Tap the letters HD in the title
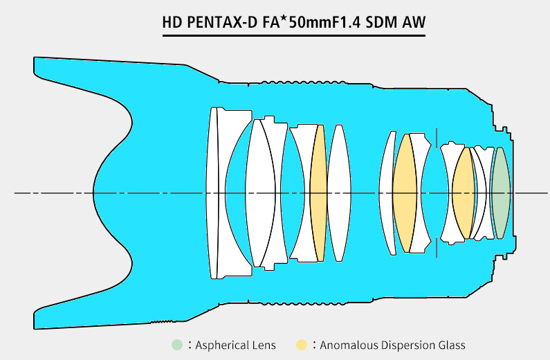(x=171, y=23)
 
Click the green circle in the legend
(x=178, y=345)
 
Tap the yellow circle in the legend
(x=302, y=345)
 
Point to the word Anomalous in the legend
(x=349, y=345)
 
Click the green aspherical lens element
(x=500, y=192)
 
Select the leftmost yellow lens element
(x=318, y=192)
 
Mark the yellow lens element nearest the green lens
(x=463, y=192)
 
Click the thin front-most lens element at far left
(x=212, y=192)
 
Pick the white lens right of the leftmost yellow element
(x=338, y=192)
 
